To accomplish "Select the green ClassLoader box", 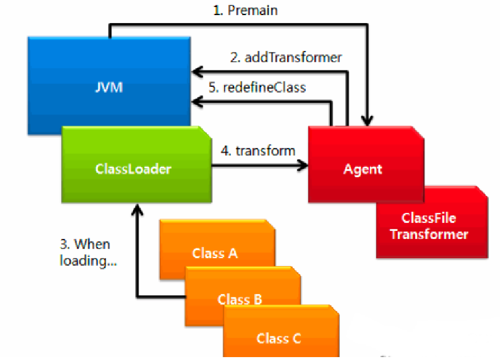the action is pos(137,164).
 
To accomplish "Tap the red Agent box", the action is pos(366,164).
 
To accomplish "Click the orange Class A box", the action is pos(217,243).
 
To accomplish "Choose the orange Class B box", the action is pos(243,288).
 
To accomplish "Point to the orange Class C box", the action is pos(281,331).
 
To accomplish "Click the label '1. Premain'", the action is pos(245,10).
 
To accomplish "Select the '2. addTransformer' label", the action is pos(286,58).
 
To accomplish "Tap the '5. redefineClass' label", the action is pos(257,87).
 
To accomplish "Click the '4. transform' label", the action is pos(258,150).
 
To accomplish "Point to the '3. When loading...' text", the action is pos(88,252).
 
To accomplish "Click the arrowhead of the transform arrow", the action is pos(303,166).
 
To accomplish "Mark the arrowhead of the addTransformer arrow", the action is pos(197,72).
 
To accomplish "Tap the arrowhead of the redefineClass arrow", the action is pos(197,102).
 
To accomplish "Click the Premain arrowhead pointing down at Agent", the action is pos(367,120).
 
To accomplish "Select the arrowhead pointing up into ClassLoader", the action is pos(137,210).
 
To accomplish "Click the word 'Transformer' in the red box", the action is pos(429,234).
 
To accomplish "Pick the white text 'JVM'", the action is pos(109,87).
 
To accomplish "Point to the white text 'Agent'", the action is pos(362,169).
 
